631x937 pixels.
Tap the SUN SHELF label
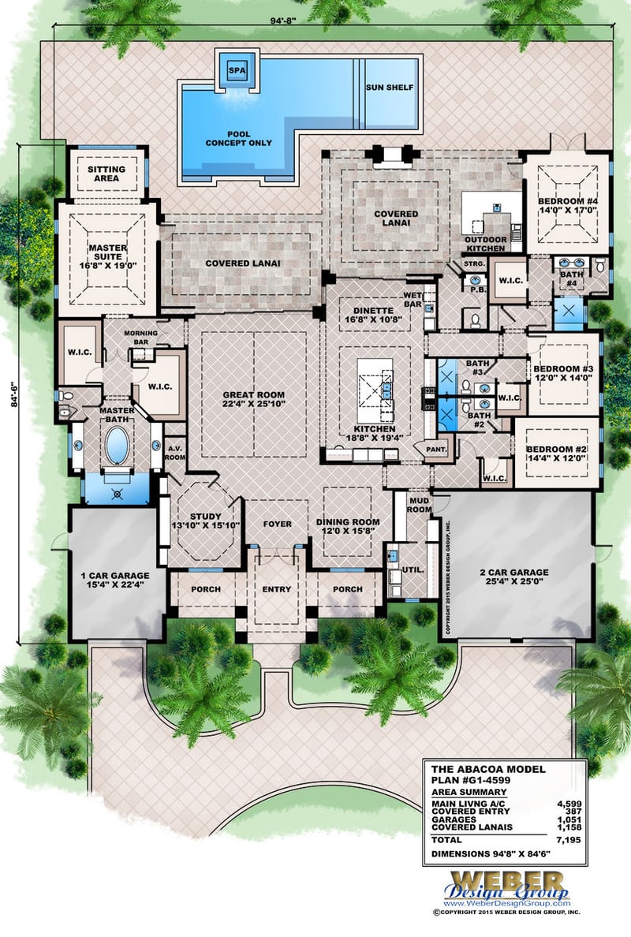click(390, 87)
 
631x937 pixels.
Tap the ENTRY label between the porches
click(277, 589)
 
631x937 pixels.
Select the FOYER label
click(278, 524)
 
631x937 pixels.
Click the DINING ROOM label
click(348, 527)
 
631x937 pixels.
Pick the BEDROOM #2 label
click(558, 455)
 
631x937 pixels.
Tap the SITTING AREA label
click(106, 174)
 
